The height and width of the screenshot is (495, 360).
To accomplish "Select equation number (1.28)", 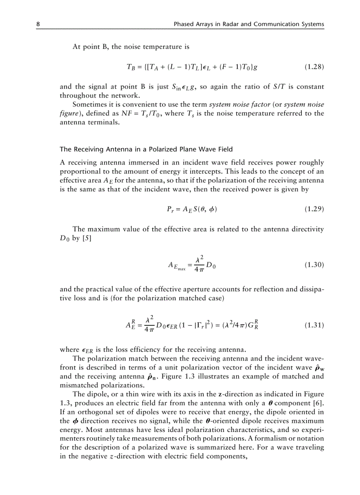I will coord(315,67).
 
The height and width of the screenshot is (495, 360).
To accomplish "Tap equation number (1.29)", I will coord(315,209).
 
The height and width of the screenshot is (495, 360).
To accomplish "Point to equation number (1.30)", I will coord(315,265).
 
